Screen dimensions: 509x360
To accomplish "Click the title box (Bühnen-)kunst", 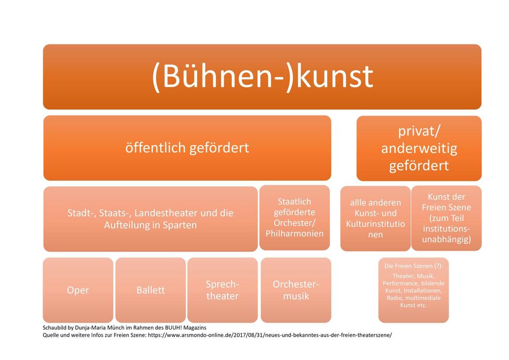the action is pyautogui.click(x=262, y=76).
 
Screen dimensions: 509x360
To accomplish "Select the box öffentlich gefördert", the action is pyautogui.click(x=187, y=148).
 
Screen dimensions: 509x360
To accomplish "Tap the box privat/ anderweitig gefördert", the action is pyautogui.click(x=419, y=148).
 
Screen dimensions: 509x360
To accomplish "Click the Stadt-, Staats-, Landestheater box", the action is pyautogui.click(x=150, y=219).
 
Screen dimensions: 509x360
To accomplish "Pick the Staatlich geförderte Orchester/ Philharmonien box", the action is pyautogui.click(x=294, y=217).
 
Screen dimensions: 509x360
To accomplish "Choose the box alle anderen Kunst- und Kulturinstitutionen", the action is pyautogui.click(x=375, y=218).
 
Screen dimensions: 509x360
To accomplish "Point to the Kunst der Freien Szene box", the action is pyautogui.click(x=446, y=218).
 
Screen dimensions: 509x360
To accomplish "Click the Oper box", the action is pyautogui.click(x=78, y=290).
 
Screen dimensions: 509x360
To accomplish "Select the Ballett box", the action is pyautogui.click(x=151, y=290).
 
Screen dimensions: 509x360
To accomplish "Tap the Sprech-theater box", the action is pyautogui.click(x=222, y=290).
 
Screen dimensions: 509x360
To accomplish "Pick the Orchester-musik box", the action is pyautogui.click(x=296, y=290).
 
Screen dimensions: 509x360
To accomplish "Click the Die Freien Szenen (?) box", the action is pyautogui.click(x=414, y=290).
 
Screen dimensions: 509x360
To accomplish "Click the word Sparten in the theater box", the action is pyautogui.click(x=180, y=225).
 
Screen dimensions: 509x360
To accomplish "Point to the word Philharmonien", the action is pyautogui.click(x=294, y=233).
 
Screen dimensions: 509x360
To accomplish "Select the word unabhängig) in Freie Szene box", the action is pyautogui.click(x=446, y=240).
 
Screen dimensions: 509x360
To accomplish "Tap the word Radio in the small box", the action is pyautogui.click(x=393, y=298).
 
